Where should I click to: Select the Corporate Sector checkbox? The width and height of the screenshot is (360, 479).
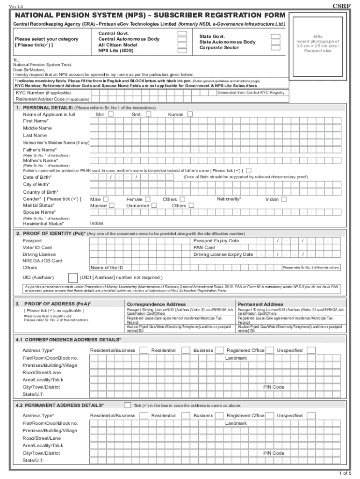tap(276, 48)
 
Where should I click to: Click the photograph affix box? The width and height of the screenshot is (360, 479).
tap(317, 43)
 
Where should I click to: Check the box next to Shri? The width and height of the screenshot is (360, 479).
tap(111, 114)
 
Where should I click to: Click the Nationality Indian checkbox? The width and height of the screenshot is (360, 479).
tap(284, 199)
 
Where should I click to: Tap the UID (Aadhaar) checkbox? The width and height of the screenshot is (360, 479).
tap(73, 277)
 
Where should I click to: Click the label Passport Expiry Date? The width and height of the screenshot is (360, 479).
tap(216, 241)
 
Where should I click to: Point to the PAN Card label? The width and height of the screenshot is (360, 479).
tap(204, 247)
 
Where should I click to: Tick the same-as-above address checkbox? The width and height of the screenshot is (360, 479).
tap(127, 405)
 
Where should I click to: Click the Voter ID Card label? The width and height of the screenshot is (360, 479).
tap(37, 247)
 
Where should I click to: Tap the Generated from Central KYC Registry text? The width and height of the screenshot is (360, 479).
tap(251, 93)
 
